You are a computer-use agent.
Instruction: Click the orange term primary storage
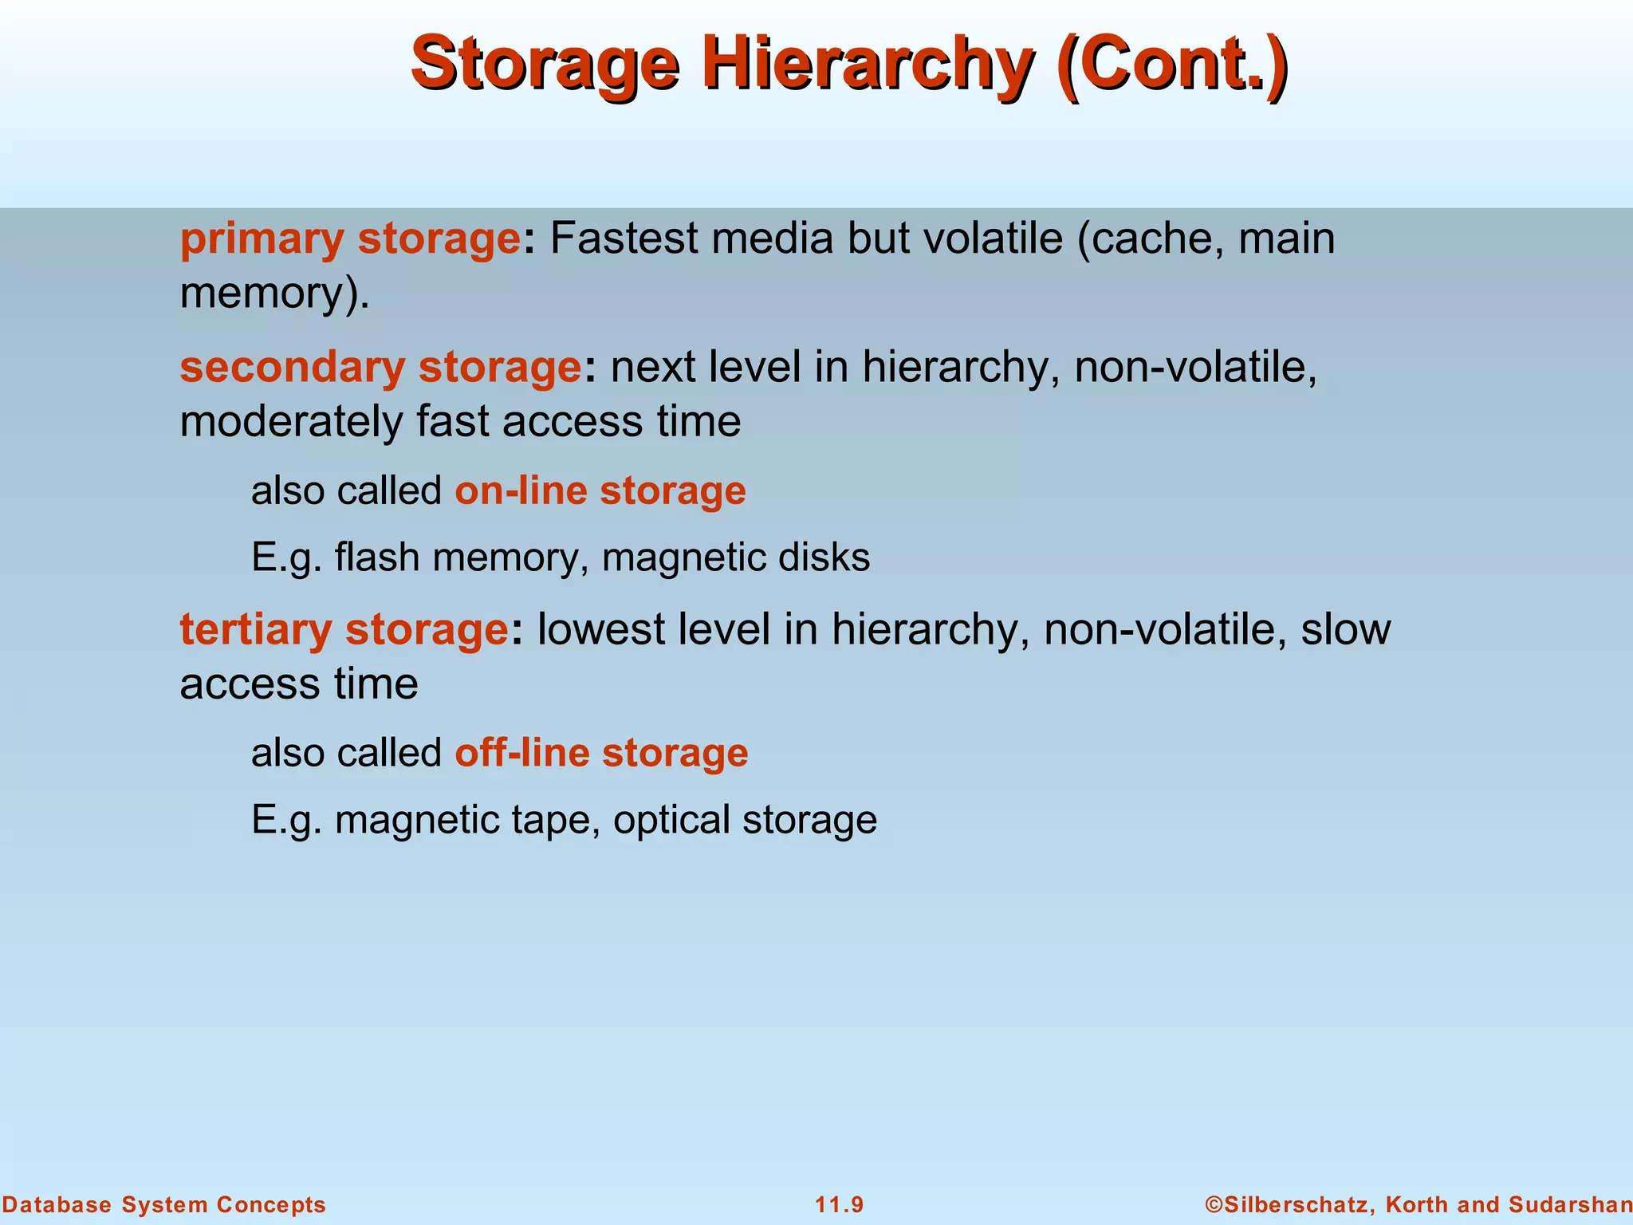pyautogui.click(x=350, y=238)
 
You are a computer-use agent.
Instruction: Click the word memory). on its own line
pyautogui.click(x=275, y=293)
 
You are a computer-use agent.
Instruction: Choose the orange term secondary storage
pyautogui.click(x=380, y=367)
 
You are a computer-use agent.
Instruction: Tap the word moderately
pyautogui.click(x=291, y=421)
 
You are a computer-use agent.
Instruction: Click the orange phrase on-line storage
pyautogui.click(x=600, y=490)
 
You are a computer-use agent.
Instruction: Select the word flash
pyautogui.click(x=377, y=557)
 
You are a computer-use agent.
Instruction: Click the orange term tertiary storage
pyautogui.click(x=344, y=629)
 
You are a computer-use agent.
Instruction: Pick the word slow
pyautogui.click(x=1346, y=629)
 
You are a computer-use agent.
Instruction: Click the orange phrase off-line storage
pyautogui.click(x=601, y=752)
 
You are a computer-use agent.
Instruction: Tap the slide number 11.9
pyautogui.click(x=839, y=1204)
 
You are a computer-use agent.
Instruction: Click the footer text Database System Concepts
pyautogui.click(x=163, y=1204)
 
